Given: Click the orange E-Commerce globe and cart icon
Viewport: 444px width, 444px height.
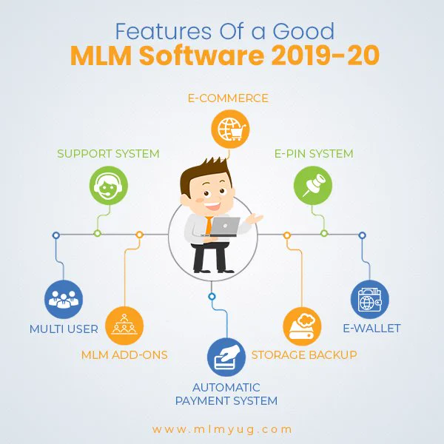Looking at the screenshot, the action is point(230,129).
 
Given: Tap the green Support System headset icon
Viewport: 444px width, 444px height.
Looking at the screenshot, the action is point(109,186).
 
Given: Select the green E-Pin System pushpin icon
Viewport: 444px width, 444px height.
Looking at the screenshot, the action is point(313,186).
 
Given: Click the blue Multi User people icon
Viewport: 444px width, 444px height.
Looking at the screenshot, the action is point(64,299).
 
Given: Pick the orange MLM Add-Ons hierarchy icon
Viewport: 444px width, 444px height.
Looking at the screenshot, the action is point(124,326).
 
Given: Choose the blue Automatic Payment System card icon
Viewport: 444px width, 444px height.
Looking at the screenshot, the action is point(226,357).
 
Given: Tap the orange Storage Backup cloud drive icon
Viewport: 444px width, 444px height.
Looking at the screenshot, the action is point(302,326).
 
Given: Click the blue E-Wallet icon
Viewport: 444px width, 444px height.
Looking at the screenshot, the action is point(370,299).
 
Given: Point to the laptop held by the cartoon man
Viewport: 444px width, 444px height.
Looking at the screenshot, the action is point(223,226).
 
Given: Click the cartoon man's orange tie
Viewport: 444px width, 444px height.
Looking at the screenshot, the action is point(209,226).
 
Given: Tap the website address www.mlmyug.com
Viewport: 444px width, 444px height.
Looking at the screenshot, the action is point(222,429).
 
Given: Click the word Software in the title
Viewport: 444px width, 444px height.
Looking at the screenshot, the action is point(201,55).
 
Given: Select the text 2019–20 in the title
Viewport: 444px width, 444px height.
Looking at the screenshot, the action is point(326,55).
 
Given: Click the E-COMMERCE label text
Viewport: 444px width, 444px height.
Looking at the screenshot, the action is point(228,98).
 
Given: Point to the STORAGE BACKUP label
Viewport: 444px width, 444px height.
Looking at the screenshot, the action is point(304,354).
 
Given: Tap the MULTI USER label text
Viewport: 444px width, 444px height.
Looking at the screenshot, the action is point(64,329).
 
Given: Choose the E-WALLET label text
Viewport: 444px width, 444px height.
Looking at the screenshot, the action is point(371,328).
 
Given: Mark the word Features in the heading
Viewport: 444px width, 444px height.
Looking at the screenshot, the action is point(164,31).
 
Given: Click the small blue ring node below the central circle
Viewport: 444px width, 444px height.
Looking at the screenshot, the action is point(212,297).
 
